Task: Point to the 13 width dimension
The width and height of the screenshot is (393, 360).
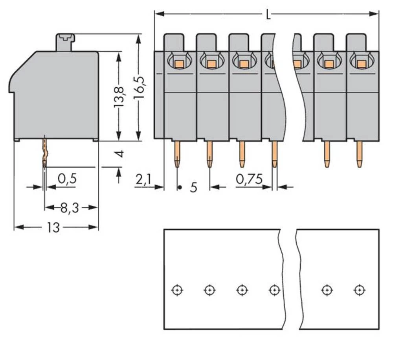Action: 53,227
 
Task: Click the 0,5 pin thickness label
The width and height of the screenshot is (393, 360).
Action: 67,179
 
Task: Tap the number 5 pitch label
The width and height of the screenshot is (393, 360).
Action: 193,188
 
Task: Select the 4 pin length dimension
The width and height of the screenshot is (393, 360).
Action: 121,153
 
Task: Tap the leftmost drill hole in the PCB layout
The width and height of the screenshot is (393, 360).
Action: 177,290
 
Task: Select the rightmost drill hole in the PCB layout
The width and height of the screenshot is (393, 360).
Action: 359,290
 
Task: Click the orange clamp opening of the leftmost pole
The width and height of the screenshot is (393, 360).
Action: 179,63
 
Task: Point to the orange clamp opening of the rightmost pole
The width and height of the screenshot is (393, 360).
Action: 361,63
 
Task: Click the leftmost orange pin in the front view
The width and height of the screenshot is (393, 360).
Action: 177,154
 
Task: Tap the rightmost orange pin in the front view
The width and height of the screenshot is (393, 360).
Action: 359,154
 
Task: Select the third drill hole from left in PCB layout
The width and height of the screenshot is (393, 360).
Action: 242,290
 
